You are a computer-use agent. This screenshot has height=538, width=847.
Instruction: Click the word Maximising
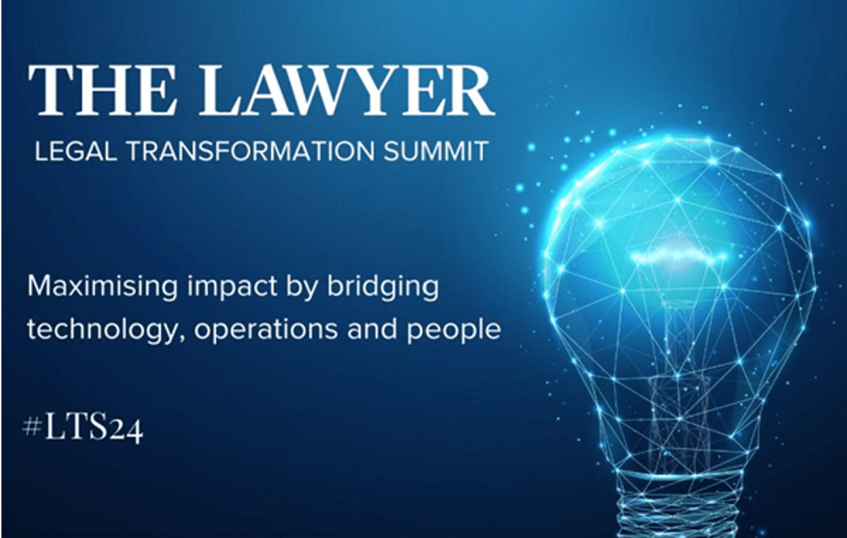[x=93, y=288]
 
